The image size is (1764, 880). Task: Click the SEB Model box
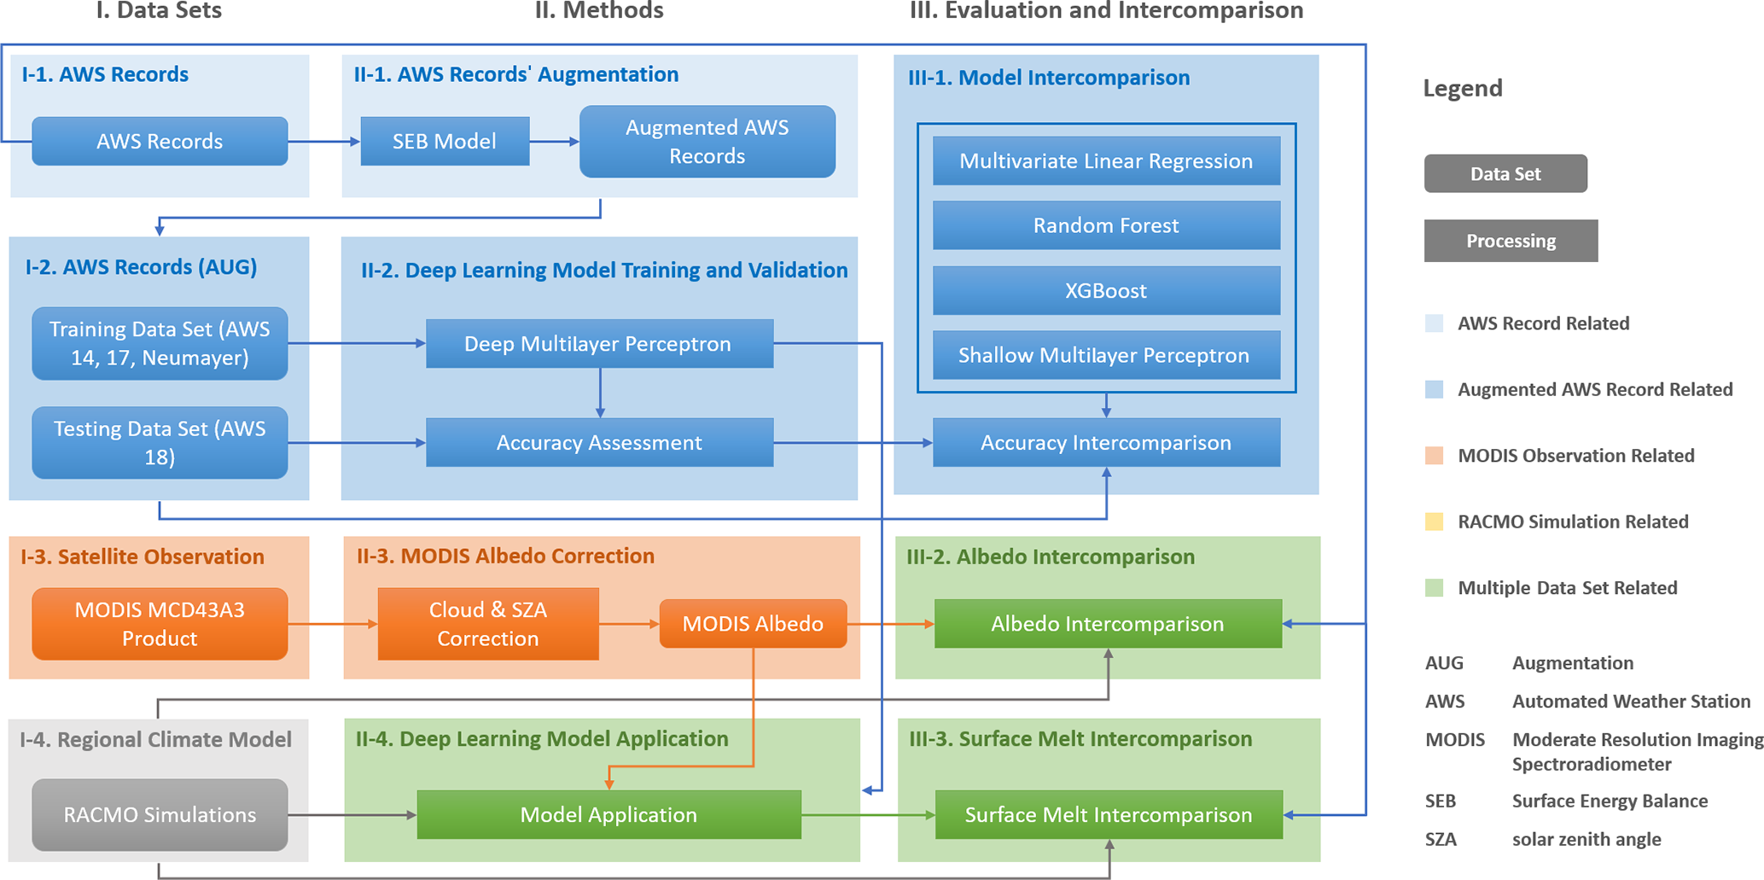click(445, 142)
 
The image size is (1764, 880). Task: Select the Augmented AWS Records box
click(707, 142)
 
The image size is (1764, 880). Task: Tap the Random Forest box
click(1106, 225)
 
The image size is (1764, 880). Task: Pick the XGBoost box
click(1106, 290)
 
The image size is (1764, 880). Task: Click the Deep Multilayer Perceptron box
click(599, 344)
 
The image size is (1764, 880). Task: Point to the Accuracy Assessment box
click(599, 442)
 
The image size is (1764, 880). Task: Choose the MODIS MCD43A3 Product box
click(160, 624)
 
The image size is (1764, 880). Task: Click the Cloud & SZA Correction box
click(487, 624)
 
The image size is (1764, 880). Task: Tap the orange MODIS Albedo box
click(753, 624)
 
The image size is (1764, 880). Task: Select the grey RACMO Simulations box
click(160, 815)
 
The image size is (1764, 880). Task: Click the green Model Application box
click(608, 815)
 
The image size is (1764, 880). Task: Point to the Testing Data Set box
click(160, 442)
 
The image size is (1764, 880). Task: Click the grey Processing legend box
click(1511, 241)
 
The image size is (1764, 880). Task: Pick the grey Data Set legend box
click(1505, 174)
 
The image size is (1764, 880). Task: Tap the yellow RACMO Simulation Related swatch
click(1434, 522)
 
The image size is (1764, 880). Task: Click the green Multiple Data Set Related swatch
click(1434, 588)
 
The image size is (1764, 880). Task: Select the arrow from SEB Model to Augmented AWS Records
click(554, 142)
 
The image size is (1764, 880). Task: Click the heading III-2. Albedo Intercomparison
click(1050, 557)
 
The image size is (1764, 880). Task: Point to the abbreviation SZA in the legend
click(1441, 839)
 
